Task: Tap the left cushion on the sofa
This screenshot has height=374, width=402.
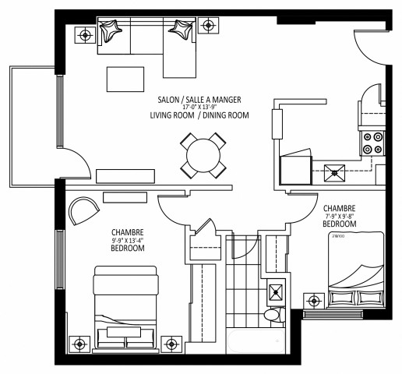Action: click(111, 33)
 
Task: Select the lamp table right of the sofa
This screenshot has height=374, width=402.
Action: click(207, 26)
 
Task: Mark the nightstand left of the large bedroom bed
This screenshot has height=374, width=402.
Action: click(78, 343)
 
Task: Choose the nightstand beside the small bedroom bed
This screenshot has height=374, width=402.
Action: click(315, 300)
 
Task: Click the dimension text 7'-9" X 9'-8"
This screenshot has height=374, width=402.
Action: click(340, 217)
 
